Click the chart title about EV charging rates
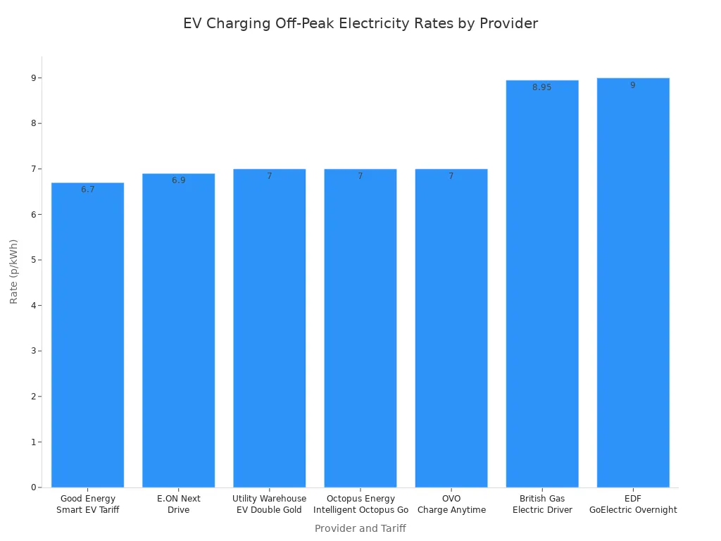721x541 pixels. (x=360, y=23)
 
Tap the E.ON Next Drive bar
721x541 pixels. (x=178, y=330)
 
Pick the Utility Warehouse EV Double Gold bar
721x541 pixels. (x=269, y=328)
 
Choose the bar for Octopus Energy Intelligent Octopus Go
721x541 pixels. (x=360, y=328)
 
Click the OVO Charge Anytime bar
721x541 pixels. (x=451, y=328)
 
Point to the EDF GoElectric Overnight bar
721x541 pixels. (x=633, y=282)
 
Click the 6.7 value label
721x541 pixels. (x=87, y=189)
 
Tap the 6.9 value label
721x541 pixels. (x=178, y=180)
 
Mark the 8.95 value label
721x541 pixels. (x=542, y=87)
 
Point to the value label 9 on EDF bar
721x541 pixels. (x=633, y=85)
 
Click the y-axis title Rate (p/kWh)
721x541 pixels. (x=14, y=271)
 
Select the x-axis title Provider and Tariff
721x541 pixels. (x=360, y=528)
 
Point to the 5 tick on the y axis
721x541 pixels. (x=34, y=260)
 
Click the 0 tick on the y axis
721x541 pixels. (x=34, y=487)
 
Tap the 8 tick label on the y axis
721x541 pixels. (x=34, y=123)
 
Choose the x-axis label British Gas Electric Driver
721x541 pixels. (x=542, y=504)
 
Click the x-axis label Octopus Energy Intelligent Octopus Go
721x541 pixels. (x=360, y=504)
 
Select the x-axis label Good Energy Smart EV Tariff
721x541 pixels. (x=87, y=504)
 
